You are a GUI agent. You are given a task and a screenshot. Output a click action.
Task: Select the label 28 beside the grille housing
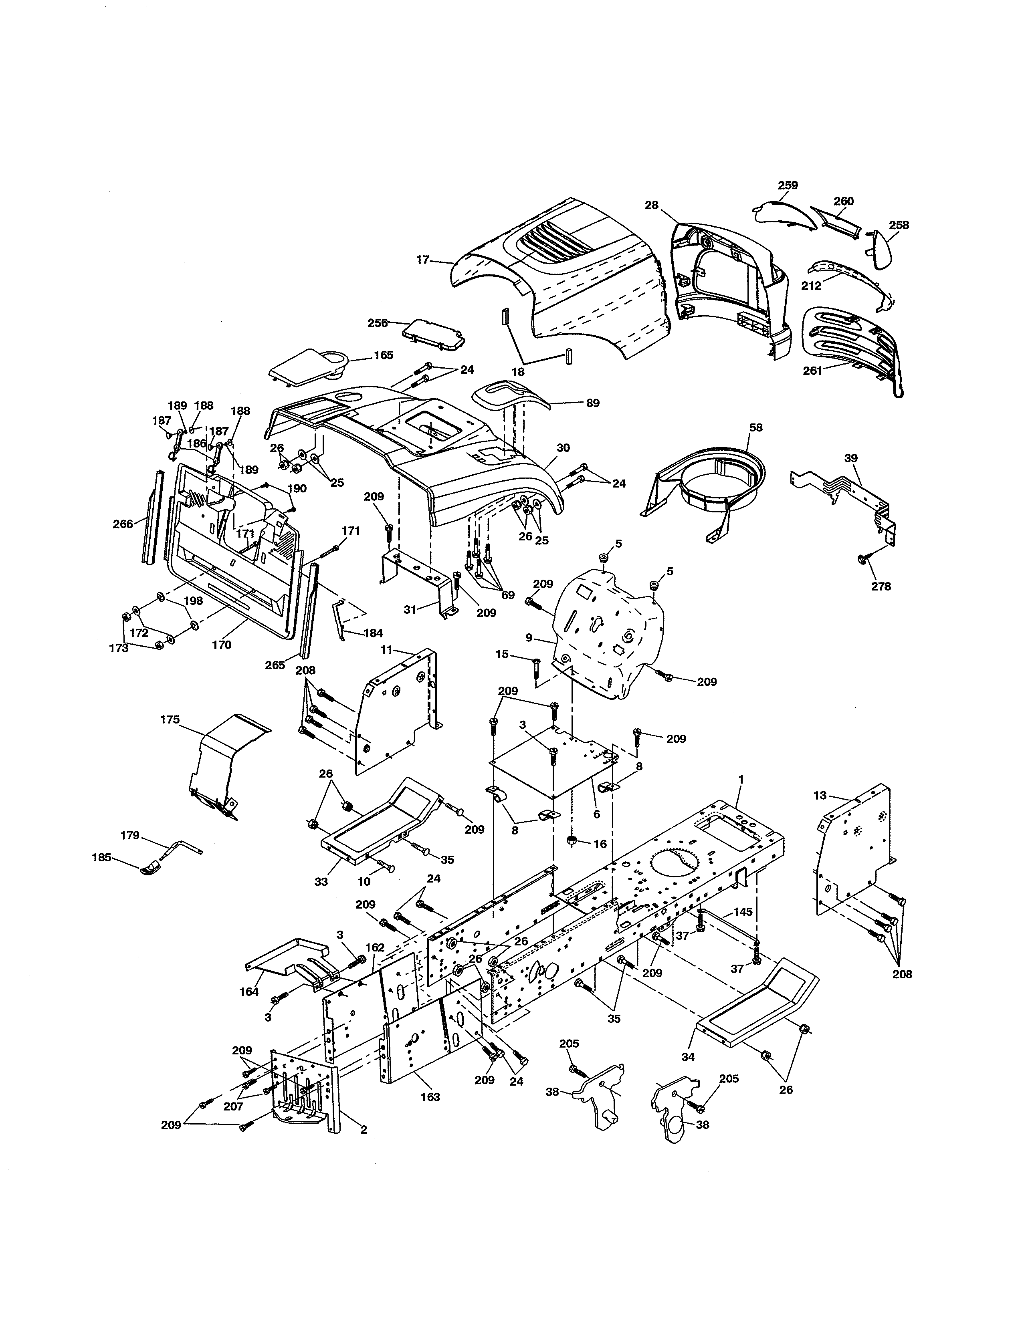click(651, 205)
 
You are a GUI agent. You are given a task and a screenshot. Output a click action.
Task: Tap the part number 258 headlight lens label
click(899, 225)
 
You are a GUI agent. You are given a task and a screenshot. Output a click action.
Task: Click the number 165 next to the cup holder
click(383, 355)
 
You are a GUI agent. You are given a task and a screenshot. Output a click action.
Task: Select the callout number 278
click(881, 586)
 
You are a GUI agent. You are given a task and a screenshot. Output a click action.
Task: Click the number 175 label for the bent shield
click(170, 720)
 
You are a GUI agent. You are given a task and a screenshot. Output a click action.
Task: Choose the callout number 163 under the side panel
click(430, 1097)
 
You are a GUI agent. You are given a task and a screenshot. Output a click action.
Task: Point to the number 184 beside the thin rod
click(373, 633)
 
